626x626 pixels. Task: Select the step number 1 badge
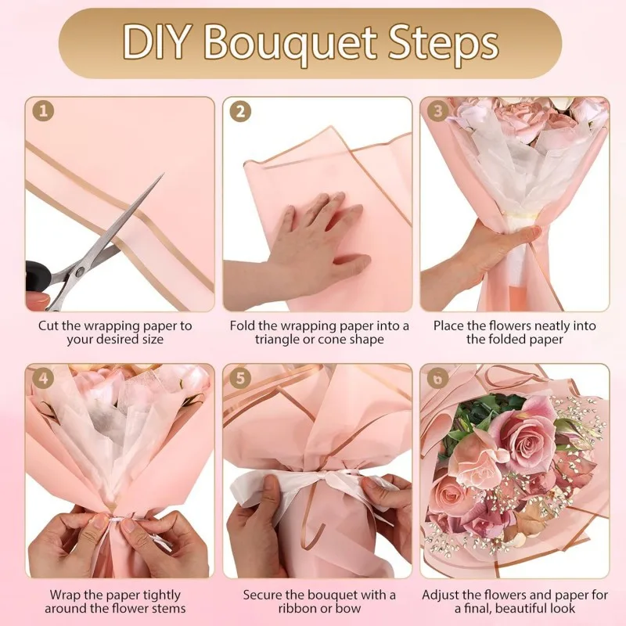point(43,113)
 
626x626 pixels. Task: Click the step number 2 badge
point(240,113)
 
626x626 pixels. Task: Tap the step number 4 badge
point(43,380)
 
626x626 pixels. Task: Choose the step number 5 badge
point(240,380)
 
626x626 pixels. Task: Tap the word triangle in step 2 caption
point(279,340)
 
